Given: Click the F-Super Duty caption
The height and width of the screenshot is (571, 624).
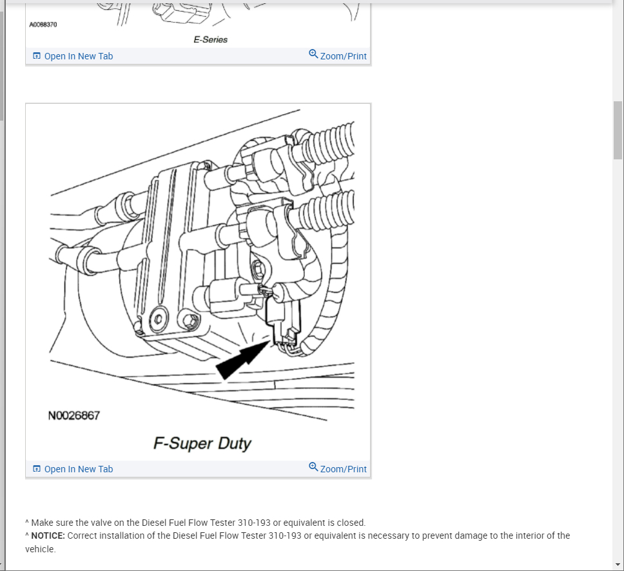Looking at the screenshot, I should [x=202, y=443].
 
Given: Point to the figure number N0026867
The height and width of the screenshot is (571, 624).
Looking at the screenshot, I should [x=74, y=416].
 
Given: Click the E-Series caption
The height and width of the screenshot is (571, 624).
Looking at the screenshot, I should [x=210, y=39].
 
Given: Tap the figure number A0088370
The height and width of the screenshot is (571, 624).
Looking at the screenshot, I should [x=43, y=25].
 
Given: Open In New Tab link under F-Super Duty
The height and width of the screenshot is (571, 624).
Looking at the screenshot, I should [x=78, y=469].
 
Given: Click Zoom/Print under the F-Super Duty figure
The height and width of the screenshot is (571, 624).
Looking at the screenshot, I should [x=343, y=469].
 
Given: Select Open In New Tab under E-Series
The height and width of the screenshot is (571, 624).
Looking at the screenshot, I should [x=78, y=56].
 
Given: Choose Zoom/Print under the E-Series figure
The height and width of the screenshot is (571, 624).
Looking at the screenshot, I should [x=343, y=56].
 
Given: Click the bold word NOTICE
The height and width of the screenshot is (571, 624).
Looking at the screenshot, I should [x=48, y=536].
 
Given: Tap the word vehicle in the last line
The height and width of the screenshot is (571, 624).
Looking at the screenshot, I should [x=40, y=549].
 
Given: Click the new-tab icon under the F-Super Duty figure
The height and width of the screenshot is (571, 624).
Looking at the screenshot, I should [x=37, y=469].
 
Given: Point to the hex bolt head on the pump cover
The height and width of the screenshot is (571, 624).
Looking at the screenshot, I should [x=189, y=320].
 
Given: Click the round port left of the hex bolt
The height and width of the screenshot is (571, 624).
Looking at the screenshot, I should [x=157, y=317].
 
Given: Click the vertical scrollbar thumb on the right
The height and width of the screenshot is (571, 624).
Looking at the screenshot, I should [x=618, y=130].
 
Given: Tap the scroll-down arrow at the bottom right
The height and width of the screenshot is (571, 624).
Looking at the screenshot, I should [x=618, y=565].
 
